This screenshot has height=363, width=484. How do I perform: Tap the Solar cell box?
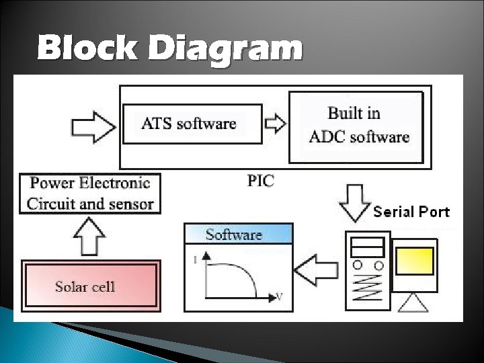tap(90, 287)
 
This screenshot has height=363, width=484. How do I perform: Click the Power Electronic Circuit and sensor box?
tap(90, 193)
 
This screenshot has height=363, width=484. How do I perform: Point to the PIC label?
tap(261, 181)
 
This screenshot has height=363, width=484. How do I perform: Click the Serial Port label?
tap(411, 212)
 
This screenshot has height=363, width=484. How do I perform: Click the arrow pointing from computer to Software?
tap(317, 270)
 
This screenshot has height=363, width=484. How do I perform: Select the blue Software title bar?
tap(239, 234)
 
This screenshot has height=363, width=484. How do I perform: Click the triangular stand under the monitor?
tap(413, 302)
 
